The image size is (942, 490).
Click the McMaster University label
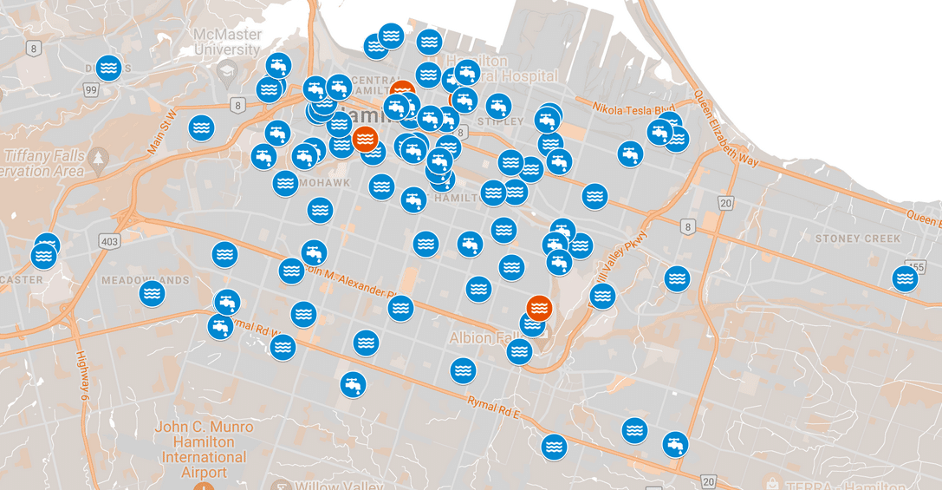[x=226, y=42]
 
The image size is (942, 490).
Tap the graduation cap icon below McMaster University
[x=228, y=71]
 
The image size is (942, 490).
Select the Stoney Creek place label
[x=857, y=238]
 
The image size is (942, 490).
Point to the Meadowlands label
[x=145, y=280]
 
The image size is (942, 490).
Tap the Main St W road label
[x=162, y=133]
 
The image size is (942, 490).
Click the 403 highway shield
[x=109, y=240]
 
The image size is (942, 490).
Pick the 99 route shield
[x=91, y=89]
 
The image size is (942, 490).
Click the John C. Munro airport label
[x=204, y=449]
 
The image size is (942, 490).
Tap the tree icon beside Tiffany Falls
[x=98, y=158]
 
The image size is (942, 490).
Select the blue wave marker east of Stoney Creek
[x=905, y=278]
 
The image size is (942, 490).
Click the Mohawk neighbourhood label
[x=325, y=184]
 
